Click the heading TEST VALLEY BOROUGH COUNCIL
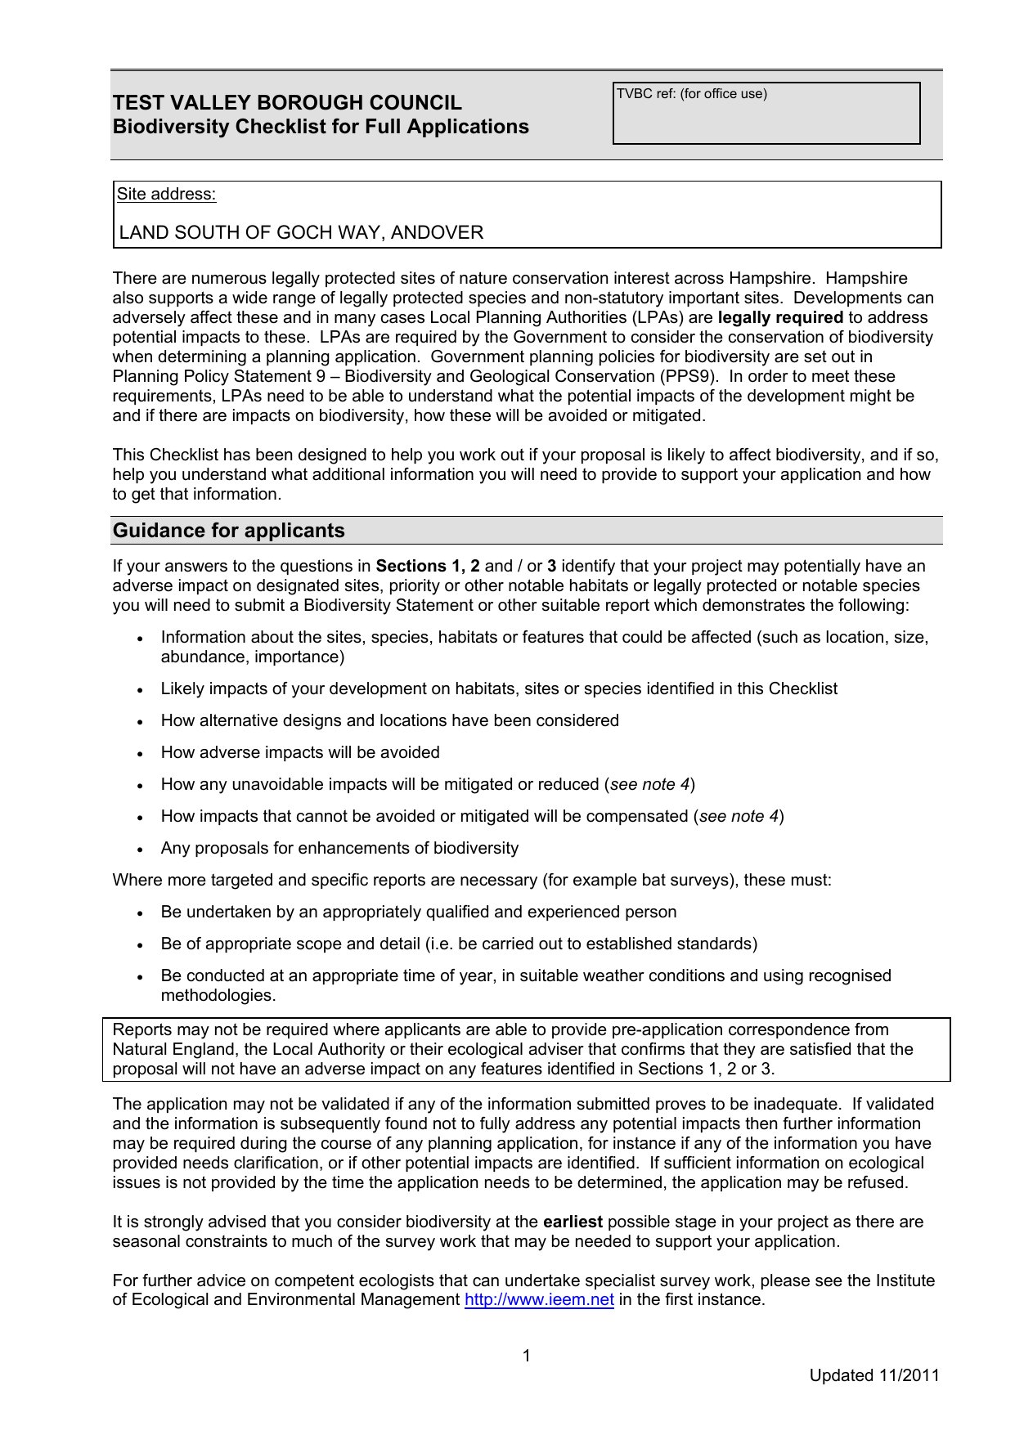coord(287,103)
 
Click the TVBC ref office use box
coord(766,114)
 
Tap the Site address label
coord(166,195)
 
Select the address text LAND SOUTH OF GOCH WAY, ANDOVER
coord(301,233)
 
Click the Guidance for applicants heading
coord(229,531)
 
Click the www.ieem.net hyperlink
coord(539,1300)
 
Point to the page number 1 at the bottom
coord(527,1356)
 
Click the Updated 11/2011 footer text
coord(874,1375)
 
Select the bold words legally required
coord(780,318)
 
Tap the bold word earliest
coord(573,1222)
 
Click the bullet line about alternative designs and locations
coord(389,721)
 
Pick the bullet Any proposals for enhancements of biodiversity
coord(339,849)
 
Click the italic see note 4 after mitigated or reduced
coord(649,785)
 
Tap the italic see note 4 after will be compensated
coord(739,817)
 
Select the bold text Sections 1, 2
coord(428,567)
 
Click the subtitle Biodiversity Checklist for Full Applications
coord(321,128)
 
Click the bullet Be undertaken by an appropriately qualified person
coord(419,913)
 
